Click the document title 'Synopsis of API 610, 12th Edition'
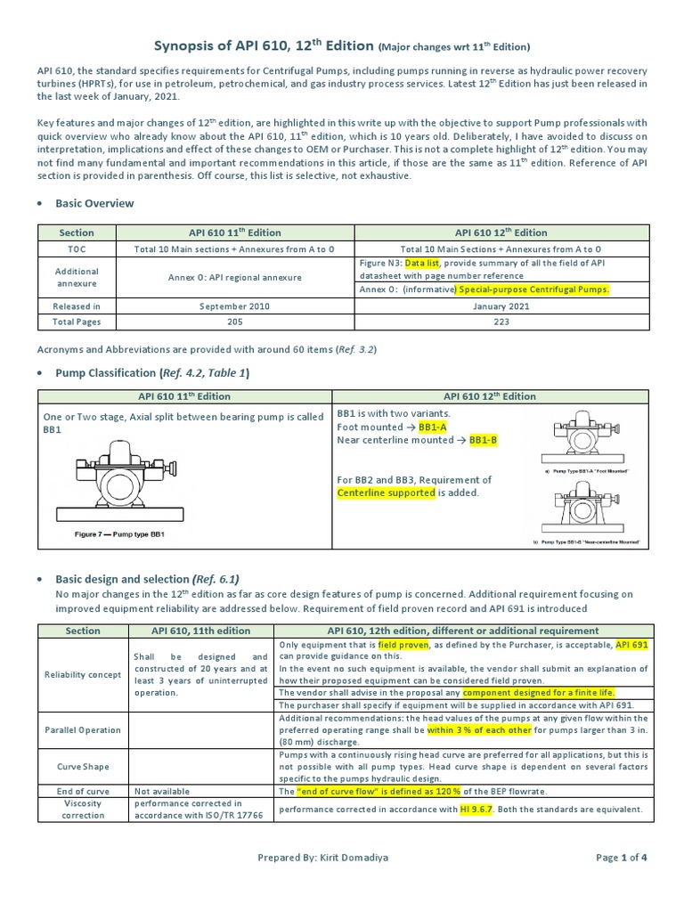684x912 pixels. [x=257, y=45]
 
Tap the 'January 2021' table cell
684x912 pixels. [x=501, y=305]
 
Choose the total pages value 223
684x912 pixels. [x=501, y=322]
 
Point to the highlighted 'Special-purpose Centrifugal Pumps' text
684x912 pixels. [x=533, y=289]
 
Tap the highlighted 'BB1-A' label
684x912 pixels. [x=434, y=427]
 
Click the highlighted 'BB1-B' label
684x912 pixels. [x=484, y=440]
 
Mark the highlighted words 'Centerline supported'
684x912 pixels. [x=387, y=493]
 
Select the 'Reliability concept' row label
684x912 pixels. [x=83, y=674]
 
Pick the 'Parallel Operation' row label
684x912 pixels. [x=83, y=729]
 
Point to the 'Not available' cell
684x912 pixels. [x=160, y=791]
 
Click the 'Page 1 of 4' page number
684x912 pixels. [x=622, y=883]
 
